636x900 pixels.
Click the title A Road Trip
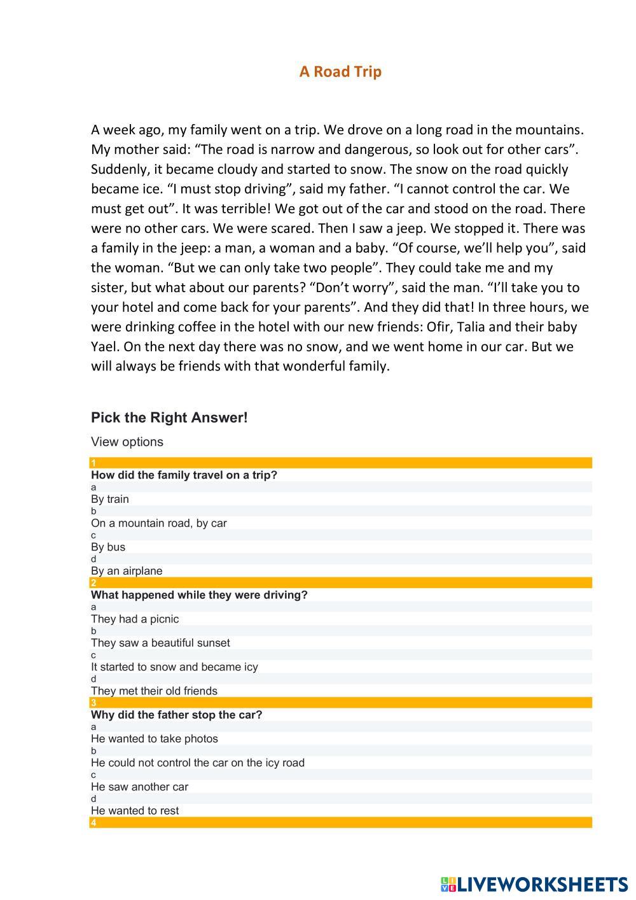click(x=340, y=71)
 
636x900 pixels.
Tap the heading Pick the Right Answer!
click(x=169, y=418)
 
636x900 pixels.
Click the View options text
click(x=127, y=442)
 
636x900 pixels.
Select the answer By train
click(x=109, y=499)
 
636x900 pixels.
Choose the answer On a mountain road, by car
click(x=158, y=523)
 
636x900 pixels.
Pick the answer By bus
click(x=108, y=547)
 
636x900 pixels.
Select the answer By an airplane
click(x=127, y=571)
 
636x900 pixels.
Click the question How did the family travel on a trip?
click(x=184, y=475)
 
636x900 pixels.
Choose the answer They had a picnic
click(x=135, y=619)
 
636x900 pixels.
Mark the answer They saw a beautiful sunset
click(x=160, y=643)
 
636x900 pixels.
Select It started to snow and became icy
click(x=174, y=667)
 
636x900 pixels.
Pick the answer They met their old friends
click(x=154, y=691)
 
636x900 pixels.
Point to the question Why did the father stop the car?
click(x=176, y=715)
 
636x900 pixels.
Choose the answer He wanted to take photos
click(x=154, y=739)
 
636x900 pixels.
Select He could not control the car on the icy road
click(x=197, y=763)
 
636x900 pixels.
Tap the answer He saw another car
click(x=139, y=787)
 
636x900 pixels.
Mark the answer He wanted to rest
click(x=135, y=811)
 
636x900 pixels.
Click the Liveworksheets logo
click(x=534, y=884)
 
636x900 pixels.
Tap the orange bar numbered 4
click(x=340, y=822)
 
